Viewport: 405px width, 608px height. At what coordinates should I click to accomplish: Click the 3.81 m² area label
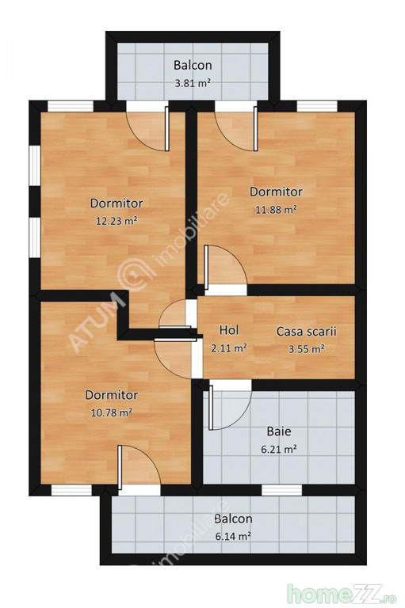click(193, 83)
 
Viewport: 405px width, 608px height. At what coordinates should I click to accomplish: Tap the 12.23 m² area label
click(117, 221)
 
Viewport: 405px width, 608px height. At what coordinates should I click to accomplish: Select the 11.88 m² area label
click(276, 210)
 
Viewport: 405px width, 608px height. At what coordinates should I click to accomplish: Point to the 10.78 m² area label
click(112, 412)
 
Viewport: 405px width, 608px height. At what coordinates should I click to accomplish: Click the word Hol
click(229, 330)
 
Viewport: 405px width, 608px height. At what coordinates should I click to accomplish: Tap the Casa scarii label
click(307, 332)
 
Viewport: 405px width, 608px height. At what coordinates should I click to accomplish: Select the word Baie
click(279, 431)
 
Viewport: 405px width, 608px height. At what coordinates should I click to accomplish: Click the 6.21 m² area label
click(279, 450)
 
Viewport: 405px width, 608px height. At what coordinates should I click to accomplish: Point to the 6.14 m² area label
click(233, 536)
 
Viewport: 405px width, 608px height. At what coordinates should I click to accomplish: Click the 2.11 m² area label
click(229, 348)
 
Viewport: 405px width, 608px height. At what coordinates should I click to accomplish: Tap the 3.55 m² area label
click(307, 349)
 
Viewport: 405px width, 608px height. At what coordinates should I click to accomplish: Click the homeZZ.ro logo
click(342, 593)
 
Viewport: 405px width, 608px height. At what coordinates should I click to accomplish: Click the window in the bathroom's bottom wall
click(281, 490)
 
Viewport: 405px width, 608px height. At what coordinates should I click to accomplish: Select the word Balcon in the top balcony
click(193, 65)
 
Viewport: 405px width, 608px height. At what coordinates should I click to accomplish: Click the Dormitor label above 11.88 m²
click(276, 192)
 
